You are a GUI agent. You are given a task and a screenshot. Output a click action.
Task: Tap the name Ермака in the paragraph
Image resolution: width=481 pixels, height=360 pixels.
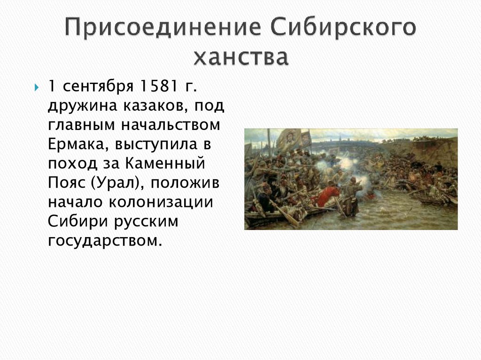pyautogui.click(x=76, y=144)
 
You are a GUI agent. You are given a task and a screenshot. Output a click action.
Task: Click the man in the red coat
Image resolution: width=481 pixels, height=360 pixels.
pyautogui.click(x=328, y=194)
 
